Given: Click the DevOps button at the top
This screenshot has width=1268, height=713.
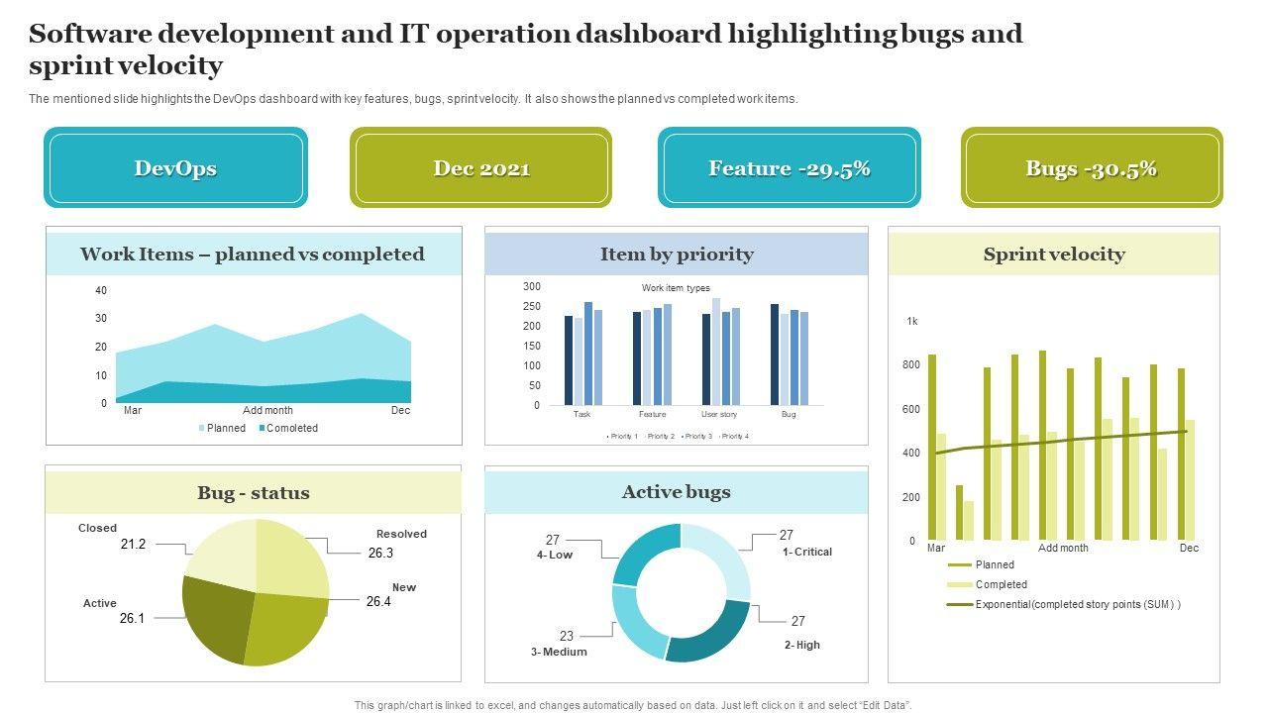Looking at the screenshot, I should click(175, 168).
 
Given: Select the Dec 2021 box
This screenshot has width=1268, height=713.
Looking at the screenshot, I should click(481, 168).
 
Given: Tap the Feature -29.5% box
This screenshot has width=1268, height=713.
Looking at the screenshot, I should click(790, 168).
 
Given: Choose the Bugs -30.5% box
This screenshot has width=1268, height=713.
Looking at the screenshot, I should click(1092, 168).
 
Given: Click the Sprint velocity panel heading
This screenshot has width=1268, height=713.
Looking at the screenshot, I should click(1054, 255).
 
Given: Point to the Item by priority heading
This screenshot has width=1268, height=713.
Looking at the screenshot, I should click(677, 255).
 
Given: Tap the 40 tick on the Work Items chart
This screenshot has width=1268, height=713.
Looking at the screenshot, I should click(101, 290).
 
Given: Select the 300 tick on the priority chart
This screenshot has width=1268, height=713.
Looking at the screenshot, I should click(532, 286).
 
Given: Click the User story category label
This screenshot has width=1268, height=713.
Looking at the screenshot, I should click(719, 414).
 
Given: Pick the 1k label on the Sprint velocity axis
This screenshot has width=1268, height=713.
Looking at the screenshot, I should click(912, 321).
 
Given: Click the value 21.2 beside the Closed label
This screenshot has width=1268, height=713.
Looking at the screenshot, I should click(133, 545).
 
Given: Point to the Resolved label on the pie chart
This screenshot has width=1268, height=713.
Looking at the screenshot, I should click(401, 534).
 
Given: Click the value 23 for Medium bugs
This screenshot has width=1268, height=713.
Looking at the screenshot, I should click(567, 636).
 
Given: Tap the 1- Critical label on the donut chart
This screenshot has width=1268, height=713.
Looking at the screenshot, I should click(806, 552).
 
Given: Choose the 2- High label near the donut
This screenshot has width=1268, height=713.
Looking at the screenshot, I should click(802, 645).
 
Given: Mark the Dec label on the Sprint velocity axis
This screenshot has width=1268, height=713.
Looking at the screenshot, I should click(1189, 548).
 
